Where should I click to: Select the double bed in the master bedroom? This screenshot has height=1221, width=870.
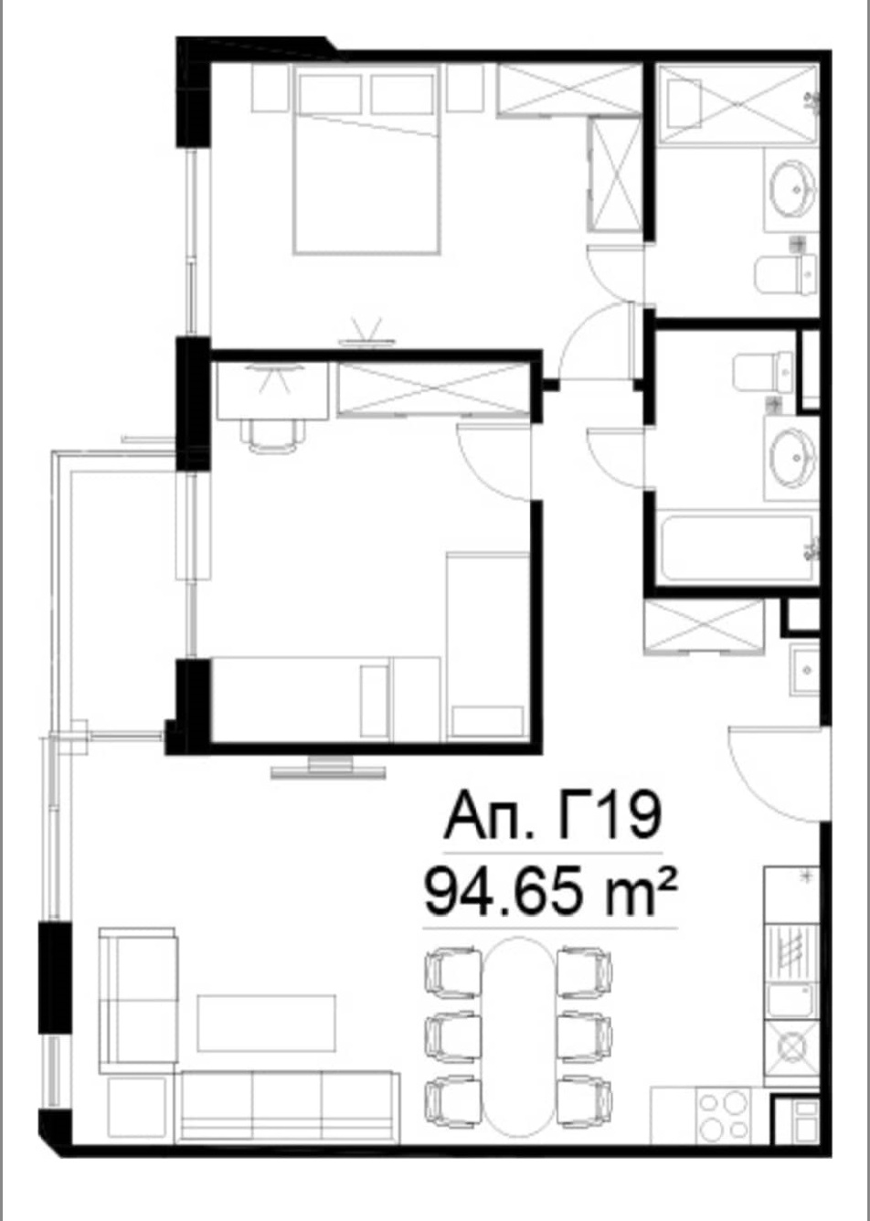point(366,160)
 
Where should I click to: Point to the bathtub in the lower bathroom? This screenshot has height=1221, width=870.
point(737,547)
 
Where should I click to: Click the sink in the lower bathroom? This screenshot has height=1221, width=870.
point(793,457)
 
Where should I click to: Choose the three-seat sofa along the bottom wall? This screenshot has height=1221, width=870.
point(290,1104)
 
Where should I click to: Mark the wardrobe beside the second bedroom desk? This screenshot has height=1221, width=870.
point(434,389)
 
